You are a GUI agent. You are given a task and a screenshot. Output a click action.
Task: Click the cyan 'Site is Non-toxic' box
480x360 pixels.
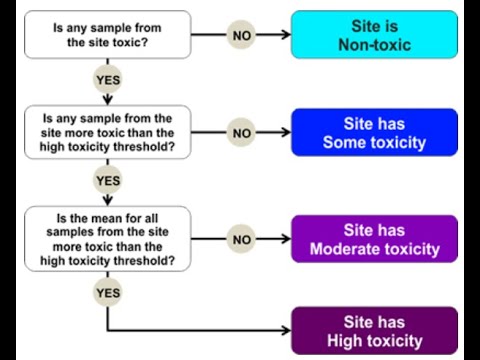click(x=374, y=35)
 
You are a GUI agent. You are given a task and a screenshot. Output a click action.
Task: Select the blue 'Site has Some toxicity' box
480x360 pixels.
click(x=374, y=132)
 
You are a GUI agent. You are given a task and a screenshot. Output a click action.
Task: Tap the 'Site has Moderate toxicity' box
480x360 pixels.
click(x=374, y=239)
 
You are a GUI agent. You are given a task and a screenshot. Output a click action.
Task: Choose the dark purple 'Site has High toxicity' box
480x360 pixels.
click(x=374, y=331)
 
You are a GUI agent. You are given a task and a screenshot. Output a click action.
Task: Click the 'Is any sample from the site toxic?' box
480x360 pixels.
click(x=108, y=35)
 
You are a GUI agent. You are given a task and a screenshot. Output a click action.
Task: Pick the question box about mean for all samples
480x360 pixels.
click(x=108, y=239)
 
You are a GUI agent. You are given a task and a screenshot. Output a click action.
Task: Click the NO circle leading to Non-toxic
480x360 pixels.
click(x=241, y=35)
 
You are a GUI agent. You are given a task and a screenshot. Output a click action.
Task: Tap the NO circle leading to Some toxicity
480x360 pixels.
click(x=241, y=132)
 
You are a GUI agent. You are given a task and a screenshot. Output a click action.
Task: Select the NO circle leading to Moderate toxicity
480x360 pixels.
click(x=241, y=239)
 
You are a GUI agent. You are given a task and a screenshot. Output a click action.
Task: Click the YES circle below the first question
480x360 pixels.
click(x=107, y=79)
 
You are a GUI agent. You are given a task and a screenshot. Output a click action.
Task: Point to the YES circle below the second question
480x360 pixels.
click(x=107, y=180)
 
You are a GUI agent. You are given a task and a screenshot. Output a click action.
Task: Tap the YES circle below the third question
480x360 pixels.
click(x=107, y=292)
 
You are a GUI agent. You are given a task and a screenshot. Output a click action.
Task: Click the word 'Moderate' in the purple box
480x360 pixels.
click(x=345, y=249)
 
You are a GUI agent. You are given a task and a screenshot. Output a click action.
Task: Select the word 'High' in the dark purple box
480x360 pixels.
click(x=344, y=341)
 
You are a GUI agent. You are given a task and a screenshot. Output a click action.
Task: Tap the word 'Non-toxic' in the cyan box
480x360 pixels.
click(x=374, y=45)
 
